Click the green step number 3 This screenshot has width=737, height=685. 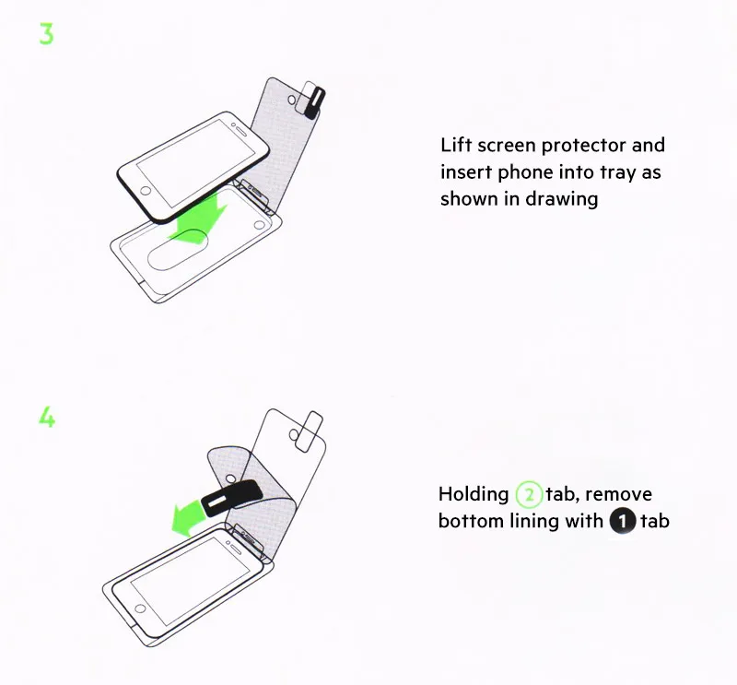[47, 34]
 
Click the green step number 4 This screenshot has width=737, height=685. [47, 417]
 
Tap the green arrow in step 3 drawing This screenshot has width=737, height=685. [199, 221]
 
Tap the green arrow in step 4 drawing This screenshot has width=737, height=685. [189, 517]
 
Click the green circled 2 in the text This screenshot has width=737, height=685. [529, 495]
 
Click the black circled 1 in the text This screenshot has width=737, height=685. [623, 521]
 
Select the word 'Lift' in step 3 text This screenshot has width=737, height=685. [456, 145]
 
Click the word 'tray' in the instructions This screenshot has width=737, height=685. [618, 172]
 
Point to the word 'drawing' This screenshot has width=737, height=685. [562, 199]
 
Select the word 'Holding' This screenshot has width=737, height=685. [474, 495]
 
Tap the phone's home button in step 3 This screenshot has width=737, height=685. [146, 191]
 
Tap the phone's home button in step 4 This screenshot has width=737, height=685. [140, 608]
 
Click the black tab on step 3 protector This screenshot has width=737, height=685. [315, 102]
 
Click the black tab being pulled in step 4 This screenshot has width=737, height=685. [231, 499]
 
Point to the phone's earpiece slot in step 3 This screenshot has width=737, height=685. [240, 129]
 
